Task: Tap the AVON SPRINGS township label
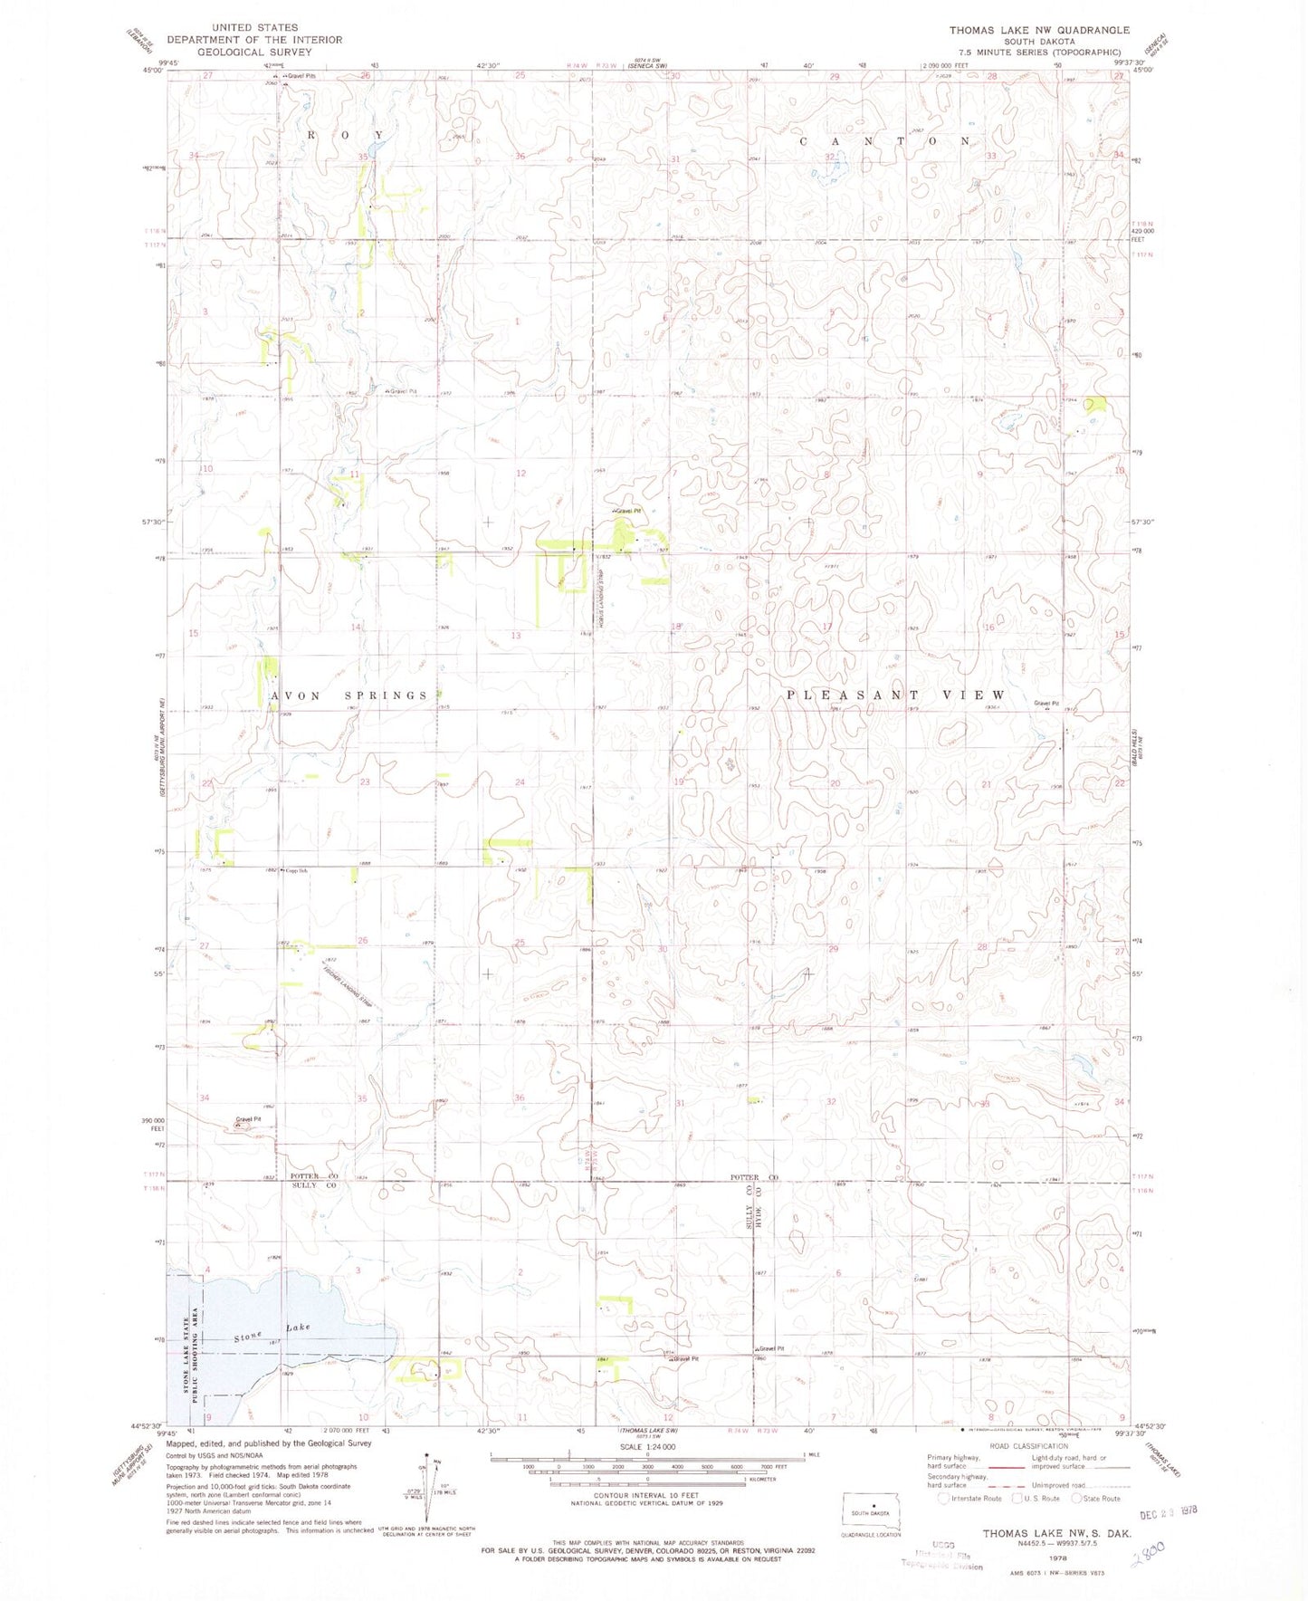[349, 695]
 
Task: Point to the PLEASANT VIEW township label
[895, 695]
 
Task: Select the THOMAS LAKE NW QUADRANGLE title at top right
[1038, 30]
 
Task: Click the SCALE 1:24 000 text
[647, 1446]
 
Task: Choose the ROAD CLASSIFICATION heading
[1028, 1446]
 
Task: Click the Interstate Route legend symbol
[943, 1498]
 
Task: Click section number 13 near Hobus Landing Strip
[516, 636]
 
